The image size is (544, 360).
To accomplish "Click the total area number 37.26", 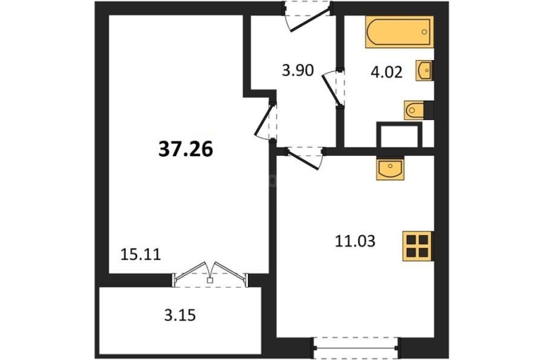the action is (x=186, y=150).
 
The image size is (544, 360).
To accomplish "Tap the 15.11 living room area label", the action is (x=141, y=255).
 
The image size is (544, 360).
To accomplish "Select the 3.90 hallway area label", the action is (x=297, y=70).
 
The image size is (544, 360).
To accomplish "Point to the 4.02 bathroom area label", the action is (x=386, y=73).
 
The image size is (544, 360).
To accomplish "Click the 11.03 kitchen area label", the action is (x=355, y=241).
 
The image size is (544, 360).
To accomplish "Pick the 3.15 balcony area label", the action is (x=179, y=316).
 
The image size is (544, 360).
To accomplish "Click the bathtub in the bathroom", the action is (x=399, y=32).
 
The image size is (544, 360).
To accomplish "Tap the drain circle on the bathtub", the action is (x=425, y=32).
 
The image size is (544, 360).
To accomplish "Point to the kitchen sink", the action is (x=390, y=168).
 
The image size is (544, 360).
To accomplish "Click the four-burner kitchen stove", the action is (x=418, y=246).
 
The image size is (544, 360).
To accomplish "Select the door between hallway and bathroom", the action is (x=333, y=88).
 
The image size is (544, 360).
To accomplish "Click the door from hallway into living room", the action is (x=266, y=121).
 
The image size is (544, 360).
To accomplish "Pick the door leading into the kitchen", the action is (x=304, y=157).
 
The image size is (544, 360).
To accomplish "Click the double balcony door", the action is (x=211, y=275).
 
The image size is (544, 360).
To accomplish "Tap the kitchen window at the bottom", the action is (x=355, y=347).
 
